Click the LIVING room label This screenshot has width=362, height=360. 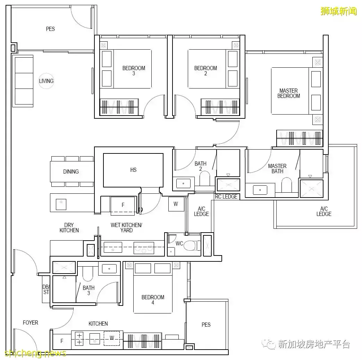46,81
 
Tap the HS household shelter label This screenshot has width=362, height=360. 133,170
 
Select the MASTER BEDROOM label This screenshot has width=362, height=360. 288,93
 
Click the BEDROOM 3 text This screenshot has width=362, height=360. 134,71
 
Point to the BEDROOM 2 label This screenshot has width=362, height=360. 205,71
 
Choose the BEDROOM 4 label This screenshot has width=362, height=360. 153,300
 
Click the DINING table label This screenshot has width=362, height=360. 71,171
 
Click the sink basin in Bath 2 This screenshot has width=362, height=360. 183,183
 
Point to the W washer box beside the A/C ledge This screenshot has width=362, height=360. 176,204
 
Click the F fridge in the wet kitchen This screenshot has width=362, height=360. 123,205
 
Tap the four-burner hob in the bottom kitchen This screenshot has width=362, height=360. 79,339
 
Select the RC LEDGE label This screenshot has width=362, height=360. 226,196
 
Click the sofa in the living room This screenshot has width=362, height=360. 24,81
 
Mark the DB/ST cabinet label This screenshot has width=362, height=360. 46,290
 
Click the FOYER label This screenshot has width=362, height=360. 31,323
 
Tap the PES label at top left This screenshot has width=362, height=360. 50,29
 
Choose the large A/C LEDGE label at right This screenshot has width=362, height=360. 323,211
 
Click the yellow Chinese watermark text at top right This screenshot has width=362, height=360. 338,11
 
